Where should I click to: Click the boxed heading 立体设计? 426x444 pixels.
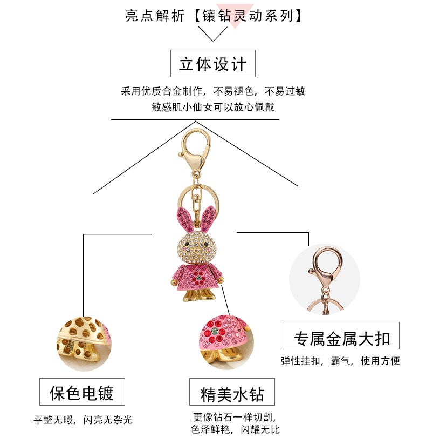click(212, 64)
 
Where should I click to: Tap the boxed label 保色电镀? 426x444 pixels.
click(82, 393)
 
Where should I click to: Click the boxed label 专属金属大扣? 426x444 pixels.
click(341, 338)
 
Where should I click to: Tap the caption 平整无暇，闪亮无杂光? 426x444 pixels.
click(83, 420)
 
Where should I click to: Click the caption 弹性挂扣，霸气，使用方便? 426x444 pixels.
click(340, 361)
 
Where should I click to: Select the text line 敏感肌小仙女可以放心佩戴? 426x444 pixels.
click(212, 107)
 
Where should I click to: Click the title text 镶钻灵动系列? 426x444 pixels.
click(248, 16)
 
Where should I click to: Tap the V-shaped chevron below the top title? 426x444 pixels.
click(212, 34)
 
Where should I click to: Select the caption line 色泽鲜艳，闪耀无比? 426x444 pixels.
click(235, 430)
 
